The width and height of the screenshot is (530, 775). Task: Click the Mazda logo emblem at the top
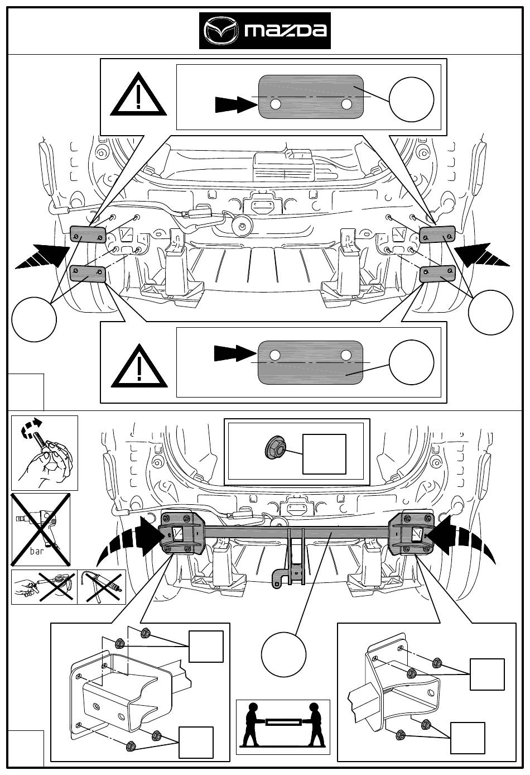click(221, 31)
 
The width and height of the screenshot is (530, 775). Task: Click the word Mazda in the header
click(286, 31)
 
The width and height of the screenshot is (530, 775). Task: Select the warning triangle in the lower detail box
click(139, 366)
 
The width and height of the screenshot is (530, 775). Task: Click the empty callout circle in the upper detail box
click(411, 99)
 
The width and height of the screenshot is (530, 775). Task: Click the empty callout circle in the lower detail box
click(411, 362)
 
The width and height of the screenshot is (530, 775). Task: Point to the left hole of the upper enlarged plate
click(276, 104)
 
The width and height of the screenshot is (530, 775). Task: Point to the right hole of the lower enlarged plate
click(345, 355)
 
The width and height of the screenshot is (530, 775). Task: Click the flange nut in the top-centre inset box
click(275, 448)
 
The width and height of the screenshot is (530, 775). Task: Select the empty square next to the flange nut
click(324, 454)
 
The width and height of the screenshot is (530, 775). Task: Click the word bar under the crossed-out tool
click(36, 551)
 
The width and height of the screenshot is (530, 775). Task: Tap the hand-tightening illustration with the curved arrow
click(45, 453)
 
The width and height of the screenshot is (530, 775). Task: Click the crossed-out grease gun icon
click(44, 587)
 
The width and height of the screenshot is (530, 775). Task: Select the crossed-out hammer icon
click(102, 587)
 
